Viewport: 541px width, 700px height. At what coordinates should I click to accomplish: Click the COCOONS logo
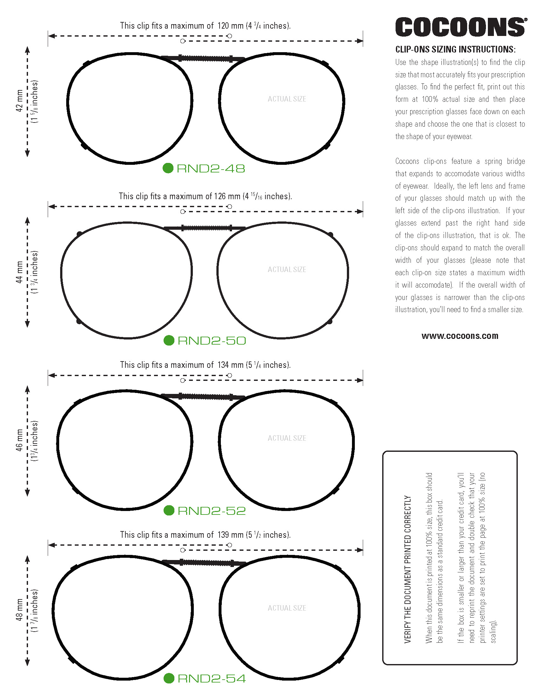pos(460,27)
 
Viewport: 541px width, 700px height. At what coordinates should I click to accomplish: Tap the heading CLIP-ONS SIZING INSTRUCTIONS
pos(455,49)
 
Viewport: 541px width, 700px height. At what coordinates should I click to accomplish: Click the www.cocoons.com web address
pos(460,336)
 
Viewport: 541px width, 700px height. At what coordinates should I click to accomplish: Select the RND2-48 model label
pos(211,169)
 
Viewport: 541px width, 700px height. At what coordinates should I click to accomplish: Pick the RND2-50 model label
pos(212,340)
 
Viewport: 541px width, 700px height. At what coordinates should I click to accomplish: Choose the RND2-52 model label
pos(212,511)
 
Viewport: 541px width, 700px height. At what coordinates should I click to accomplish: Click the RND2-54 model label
pos(212,678)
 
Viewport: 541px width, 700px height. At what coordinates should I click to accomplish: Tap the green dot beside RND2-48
pos(168,168)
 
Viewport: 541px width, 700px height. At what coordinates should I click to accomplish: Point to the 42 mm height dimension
pos(19,101)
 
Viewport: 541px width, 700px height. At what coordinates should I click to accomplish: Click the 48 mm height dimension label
pos(19,610)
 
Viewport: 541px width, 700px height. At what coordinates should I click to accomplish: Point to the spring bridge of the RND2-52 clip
pos(205,397)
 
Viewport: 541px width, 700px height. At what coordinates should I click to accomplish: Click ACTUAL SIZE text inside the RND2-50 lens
pos(287,269)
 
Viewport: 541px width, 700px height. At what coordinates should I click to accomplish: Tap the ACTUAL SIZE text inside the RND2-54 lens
pos(287,608)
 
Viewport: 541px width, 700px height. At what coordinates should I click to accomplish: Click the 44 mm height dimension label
pos(19,272)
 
